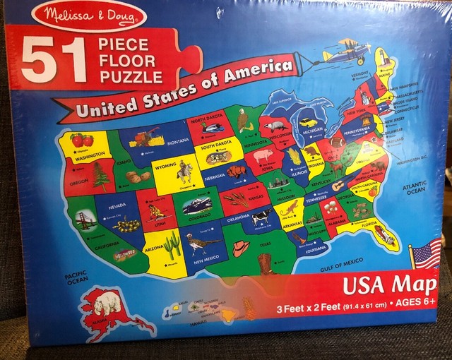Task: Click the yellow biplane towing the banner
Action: point(346,52)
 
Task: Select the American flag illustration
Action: point(426,253)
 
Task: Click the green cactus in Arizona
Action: point(172,244)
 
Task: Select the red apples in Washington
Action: point(83,140)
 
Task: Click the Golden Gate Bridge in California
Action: point(85,220)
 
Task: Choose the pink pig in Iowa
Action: point(263,155)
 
